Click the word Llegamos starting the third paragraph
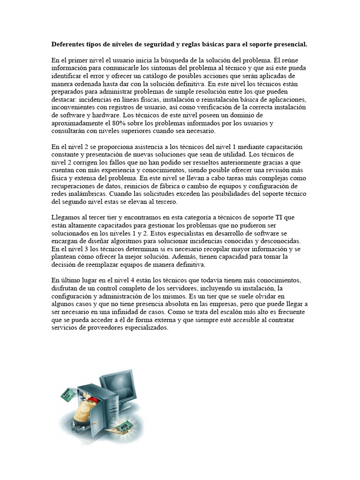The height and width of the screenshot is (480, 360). [66, 217]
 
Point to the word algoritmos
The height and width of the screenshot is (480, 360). [121, 241]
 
